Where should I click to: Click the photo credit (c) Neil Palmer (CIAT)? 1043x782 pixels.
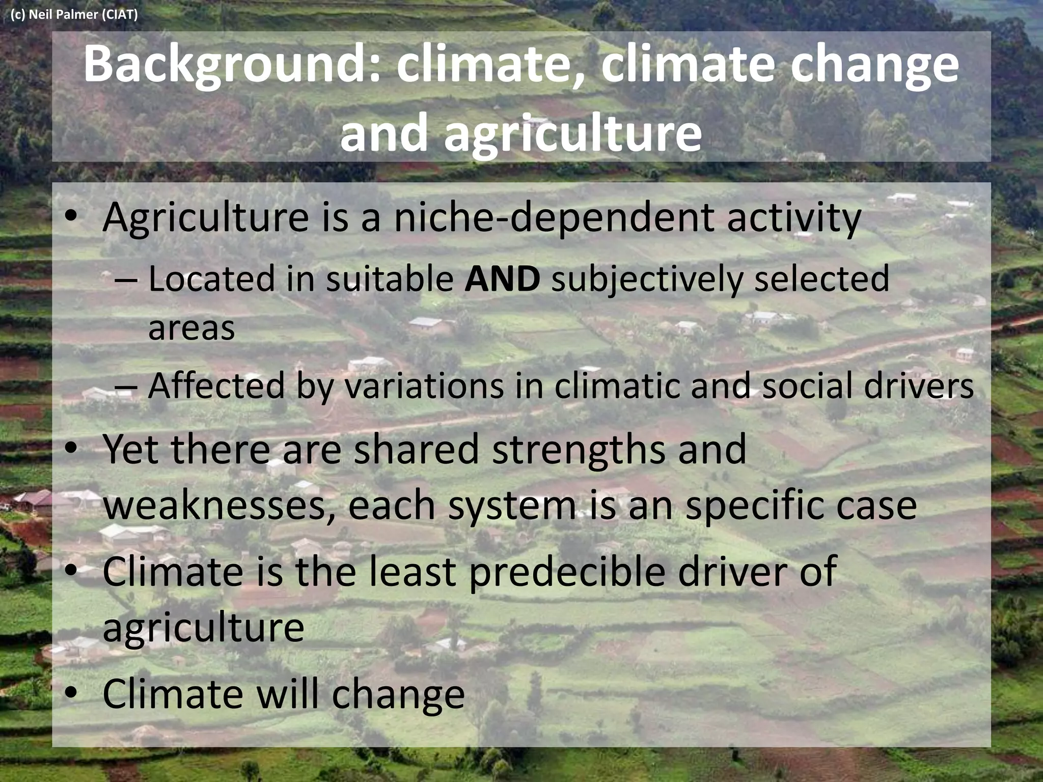click(x=74, y=14)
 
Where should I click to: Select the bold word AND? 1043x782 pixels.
click(x=502, y=279)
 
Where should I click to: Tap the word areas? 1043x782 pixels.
click(x=191, y=327)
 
